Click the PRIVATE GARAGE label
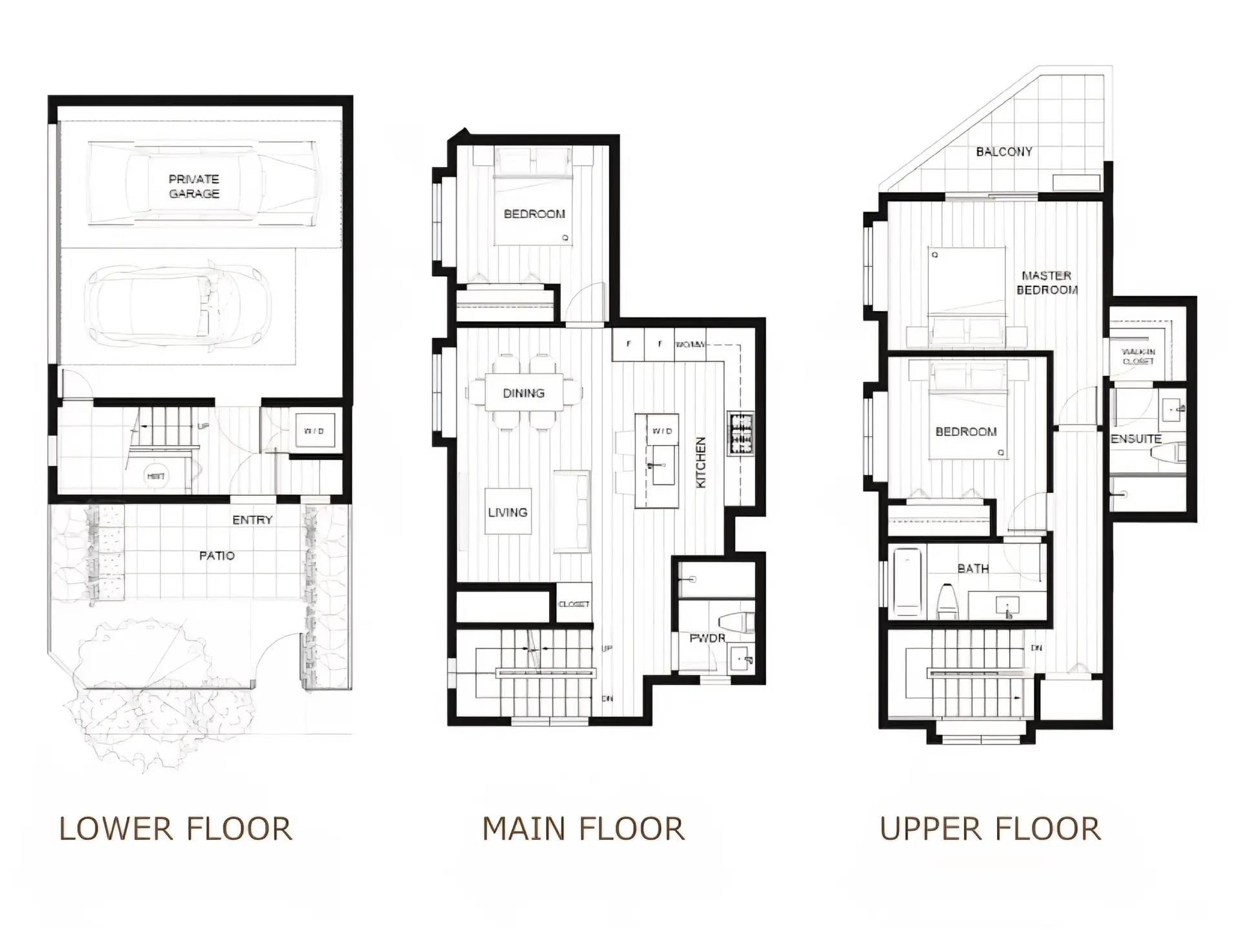pyautogui.click(x=194, y=186)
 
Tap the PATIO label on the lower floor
pyautogui.click(x=217, y=555)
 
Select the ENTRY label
pyautogui.click(x=252, y=520)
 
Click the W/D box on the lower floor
pyautogui.click(x=314, y=430)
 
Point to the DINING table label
pyautogui.click(x=523, y=393)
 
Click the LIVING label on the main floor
pyautogui.click(x=508, y=512)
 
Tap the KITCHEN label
pyautogui.click(x=701, y=463)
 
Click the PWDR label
pyautogui.click(x=707, y=638)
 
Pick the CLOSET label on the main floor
pyautogui.click(x=574, y=604)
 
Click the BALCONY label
pyautogui.click(x=1003, y=152)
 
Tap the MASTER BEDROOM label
pyautogui.click(x=1047, y=283)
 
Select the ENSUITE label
pyautogui.click(x=1136, y=439)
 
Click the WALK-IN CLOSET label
pyautogui.click(x=1138, y=356)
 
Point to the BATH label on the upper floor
pyautogui.click(x=972, y=568)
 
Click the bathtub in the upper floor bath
pyautogui.click(x=907, y=582)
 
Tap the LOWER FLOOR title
pyautogui.click(x=176, y=829)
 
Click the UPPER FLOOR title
pyautogui.click(x=990, y=829)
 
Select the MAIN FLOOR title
pyautogui.click(x=583, y=829)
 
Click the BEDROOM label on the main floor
pyautogui.click(x=534, y=214)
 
